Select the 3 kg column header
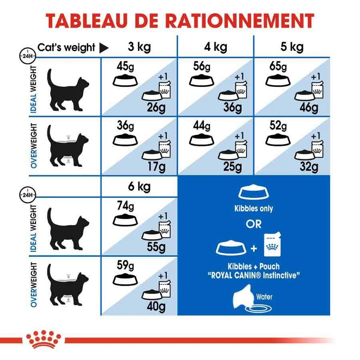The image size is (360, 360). pos(139,47)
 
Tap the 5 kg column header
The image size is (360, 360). pos(292,47)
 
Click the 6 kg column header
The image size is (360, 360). pos(139,187)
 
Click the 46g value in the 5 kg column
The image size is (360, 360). pos(309,108)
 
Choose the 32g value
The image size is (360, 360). pos(309,165)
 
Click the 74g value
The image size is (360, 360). pos(125,206)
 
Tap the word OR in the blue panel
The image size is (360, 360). pos(254,224)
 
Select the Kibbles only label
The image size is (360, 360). pos(254,208)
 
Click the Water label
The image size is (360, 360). pos(264,297)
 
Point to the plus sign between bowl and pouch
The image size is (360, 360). pos(254,249)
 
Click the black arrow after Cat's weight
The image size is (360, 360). pos(104,48)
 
